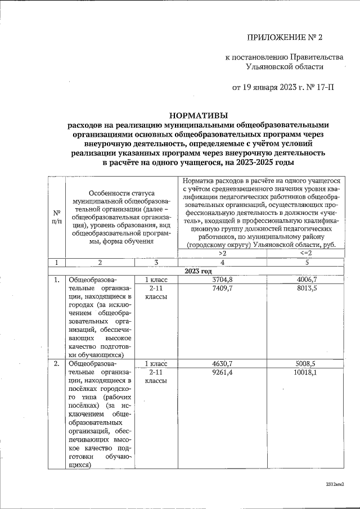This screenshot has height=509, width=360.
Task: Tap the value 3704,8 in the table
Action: pyautogui.click(x=222, y=279)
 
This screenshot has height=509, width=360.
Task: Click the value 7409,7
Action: pyautogui.click(x=222, y=287)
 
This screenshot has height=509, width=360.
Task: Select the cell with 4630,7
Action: pyautogui.click(x=222, y=363)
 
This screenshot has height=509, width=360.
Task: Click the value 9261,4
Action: pyautogui.click(x=222, y=372)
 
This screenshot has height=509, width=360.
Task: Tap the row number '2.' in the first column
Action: pyautogui.click(x=57, y=364)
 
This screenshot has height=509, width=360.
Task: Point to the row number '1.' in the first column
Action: pyautogui.click(x=57, y=280)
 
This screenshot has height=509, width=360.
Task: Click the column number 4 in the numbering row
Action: pyautogui.click(x=222, y=263)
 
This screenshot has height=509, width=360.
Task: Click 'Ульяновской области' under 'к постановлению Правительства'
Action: pyautogui.click(x=285, y=66)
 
